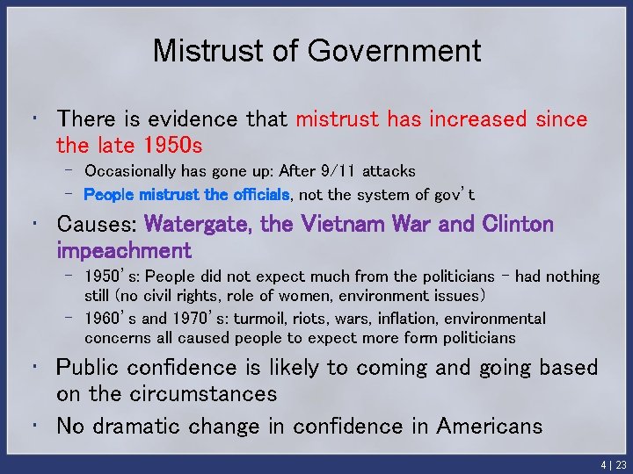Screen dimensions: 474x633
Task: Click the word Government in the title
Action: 394,51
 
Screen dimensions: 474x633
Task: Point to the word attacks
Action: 389,170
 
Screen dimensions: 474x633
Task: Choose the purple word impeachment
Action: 123,250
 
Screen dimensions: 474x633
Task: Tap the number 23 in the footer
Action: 621,464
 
